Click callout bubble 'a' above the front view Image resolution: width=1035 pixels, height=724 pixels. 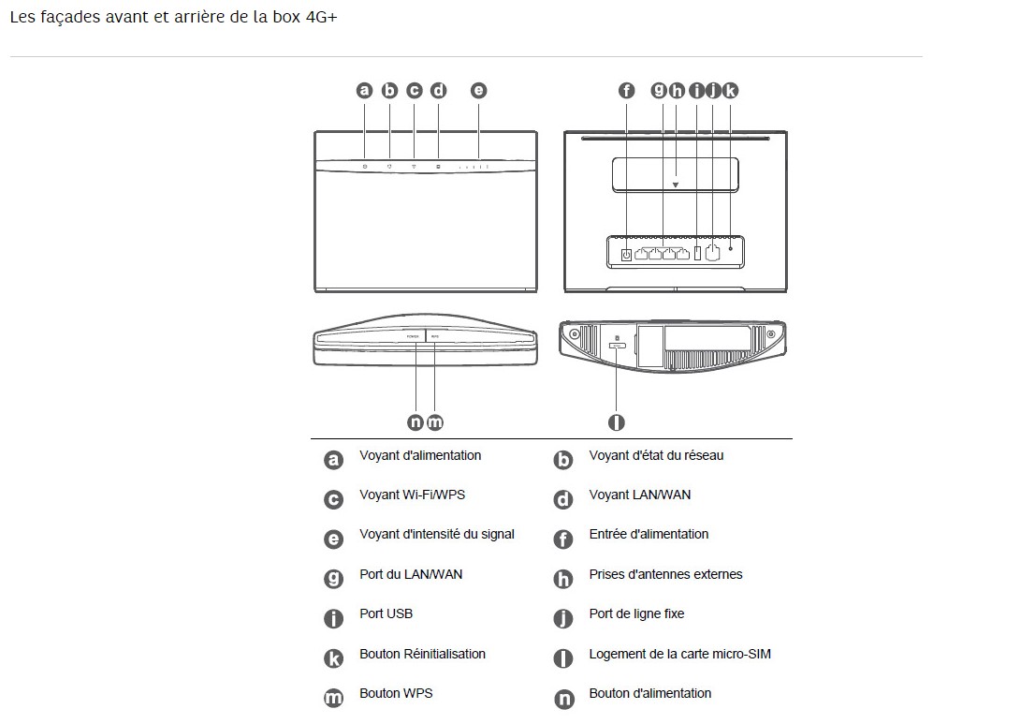[x=365, y=91]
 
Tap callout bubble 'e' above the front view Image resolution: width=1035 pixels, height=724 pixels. [x=478, y=91]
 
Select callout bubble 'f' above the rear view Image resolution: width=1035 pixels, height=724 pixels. [x=627, y=91]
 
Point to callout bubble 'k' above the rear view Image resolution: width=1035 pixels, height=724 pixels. [x=730, y=91]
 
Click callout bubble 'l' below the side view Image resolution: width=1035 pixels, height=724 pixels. [x=616, y=422]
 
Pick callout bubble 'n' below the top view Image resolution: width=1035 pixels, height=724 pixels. [x=415, y=422]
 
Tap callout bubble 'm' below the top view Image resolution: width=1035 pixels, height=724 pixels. [x=435, y=422]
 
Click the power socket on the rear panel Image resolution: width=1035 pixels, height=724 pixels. [x=626, y=253]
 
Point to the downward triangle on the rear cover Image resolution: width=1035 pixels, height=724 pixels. [x=675, y=185]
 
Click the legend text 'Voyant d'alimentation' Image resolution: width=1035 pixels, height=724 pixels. [x=420, y=456]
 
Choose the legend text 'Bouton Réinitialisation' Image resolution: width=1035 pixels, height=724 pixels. [x=422, y=654]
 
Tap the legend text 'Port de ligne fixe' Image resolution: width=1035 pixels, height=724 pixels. [x=636, y=614]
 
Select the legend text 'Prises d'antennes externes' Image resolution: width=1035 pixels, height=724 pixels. [x=665, y=574]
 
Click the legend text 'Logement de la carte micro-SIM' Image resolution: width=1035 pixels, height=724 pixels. [x=679, y=654]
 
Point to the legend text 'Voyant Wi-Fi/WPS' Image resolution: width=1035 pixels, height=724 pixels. [x=412, y=495]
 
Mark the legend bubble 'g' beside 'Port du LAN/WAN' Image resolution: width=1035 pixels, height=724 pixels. [x=333, y=579]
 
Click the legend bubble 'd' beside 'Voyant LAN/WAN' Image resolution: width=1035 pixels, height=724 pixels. [x=563, y=499]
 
